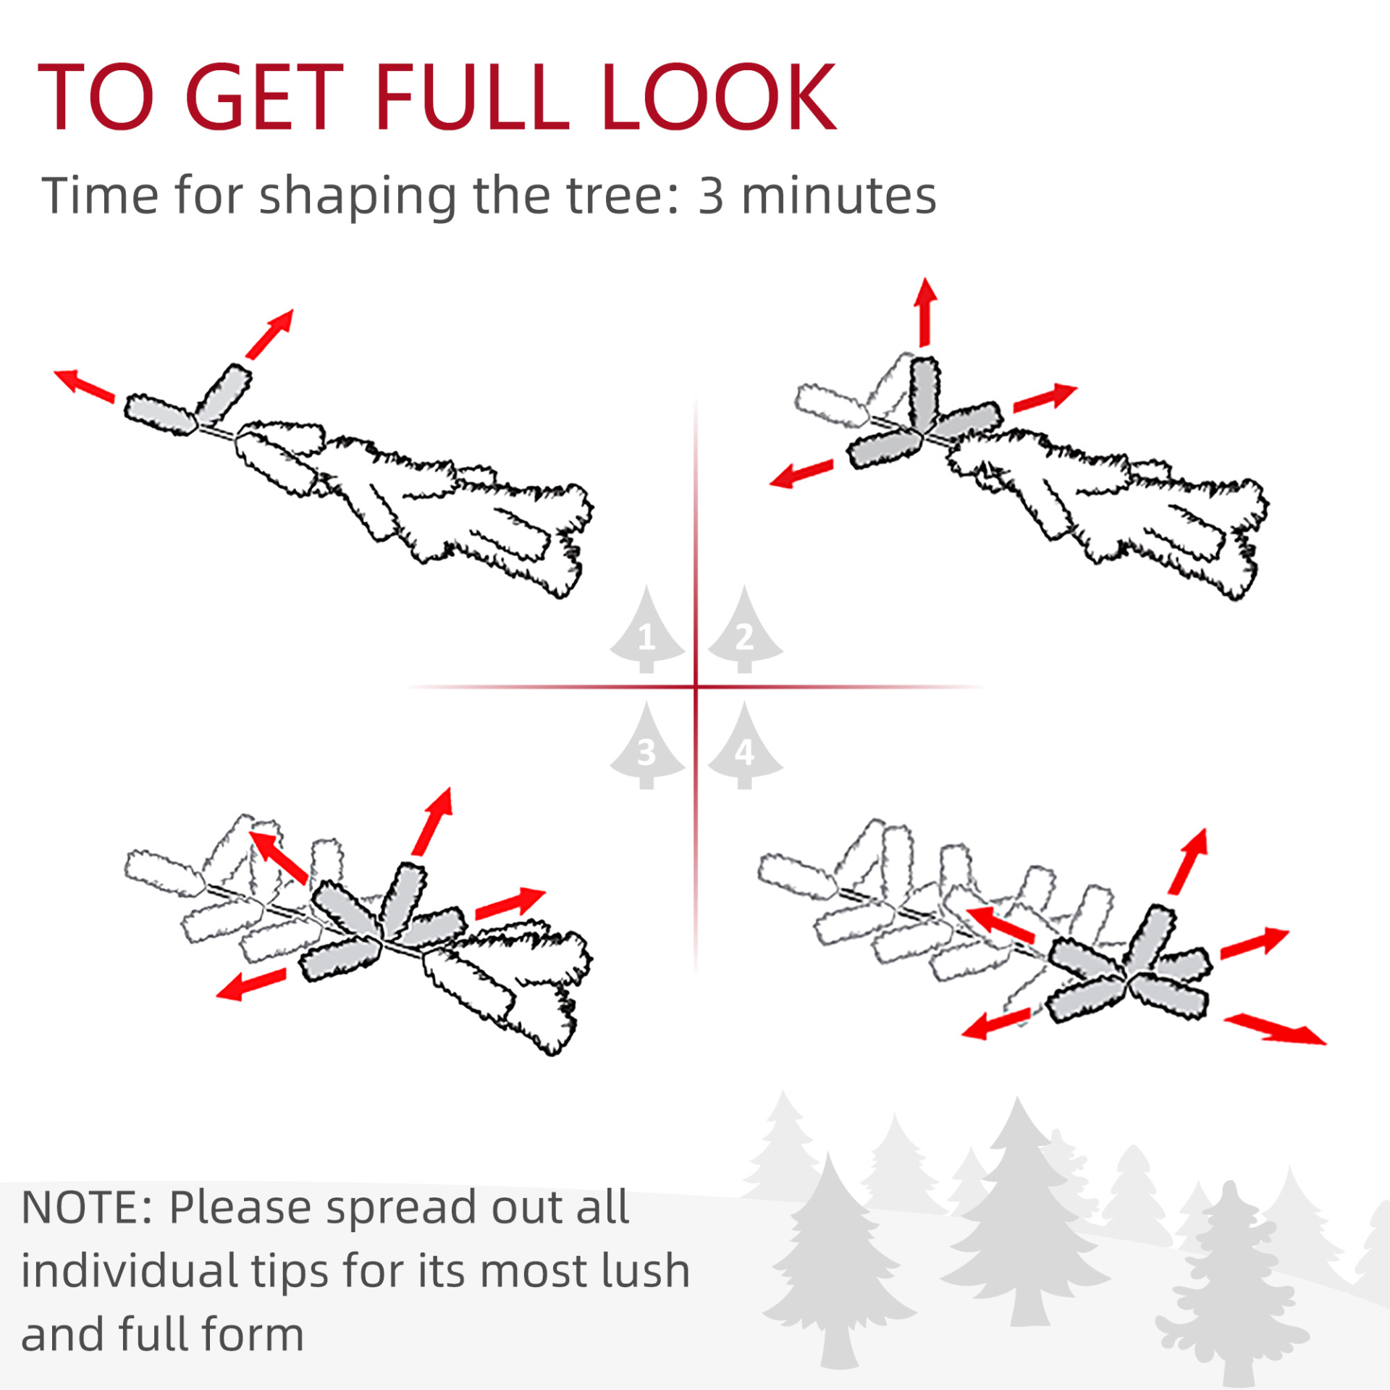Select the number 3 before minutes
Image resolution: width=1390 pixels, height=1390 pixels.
tap(711, 196)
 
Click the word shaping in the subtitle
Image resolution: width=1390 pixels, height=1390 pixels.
tap(358, 197)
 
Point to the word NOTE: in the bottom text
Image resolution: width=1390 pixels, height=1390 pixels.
tap(87, 1207)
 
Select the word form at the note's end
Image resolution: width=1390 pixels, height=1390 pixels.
tap(253, 1335)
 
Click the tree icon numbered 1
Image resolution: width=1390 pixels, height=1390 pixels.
tap(647, 629)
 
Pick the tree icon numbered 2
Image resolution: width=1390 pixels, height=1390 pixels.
tap(745, 629)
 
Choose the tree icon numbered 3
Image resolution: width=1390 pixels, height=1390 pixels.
tap(647, 745)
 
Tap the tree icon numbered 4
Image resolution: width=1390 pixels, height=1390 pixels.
tap(745, 745)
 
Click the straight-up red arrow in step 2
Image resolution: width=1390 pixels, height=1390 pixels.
tap(924, 312)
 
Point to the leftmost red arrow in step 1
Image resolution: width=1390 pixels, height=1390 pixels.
tap(84, 385)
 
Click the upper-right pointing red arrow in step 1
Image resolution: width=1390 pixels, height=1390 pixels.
tap(270, 334)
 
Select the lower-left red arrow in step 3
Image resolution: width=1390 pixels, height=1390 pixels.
tap(251, 984)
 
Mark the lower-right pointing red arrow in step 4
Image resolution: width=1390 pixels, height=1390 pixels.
tap(1275, 1029)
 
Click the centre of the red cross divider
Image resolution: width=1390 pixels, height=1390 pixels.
tap(696, 686)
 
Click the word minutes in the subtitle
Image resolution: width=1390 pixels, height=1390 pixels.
tap(839, 196)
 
